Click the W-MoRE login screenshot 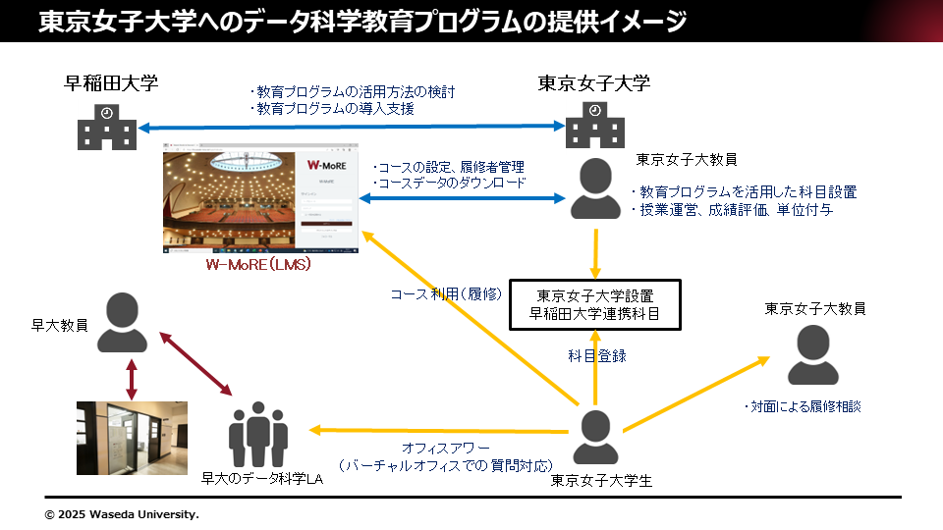point(259,197)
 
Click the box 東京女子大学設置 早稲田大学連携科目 point(595,304)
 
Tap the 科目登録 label point(597,355)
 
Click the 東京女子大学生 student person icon point(595,437)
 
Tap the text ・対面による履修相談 point(802,405)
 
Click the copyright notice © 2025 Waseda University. point(122,513)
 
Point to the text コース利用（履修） point(446,293)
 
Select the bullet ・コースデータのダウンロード point(449,183)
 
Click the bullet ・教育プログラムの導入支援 point(331,109)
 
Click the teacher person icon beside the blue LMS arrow point(594,188)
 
